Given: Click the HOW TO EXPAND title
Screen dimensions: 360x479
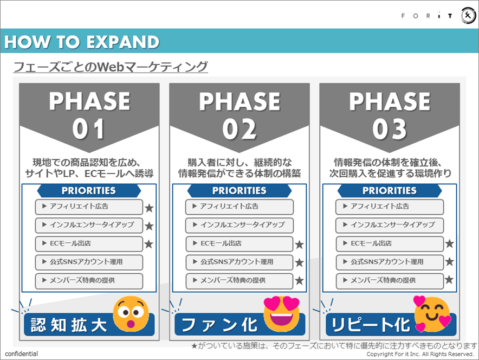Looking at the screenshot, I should (82, 42).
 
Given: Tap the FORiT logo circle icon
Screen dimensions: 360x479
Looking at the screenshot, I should (468, 16).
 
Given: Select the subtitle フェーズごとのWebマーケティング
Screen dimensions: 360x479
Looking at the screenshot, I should (110, 67).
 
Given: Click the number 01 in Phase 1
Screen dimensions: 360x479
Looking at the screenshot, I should (89, 129).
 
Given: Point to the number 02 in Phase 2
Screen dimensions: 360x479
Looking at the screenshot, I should (239, 129).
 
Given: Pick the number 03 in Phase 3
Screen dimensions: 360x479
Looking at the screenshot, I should (390, 129).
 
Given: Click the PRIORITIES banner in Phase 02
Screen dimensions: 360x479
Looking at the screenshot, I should (239, 191).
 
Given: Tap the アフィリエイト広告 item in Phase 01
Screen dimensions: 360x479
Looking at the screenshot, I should (89, 207).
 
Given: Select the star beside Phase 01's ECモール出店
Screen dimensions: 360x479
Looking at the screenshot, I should (149, 244).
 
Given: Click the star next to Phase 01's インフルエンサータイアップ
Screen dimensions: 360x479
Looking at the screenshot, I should (149, 226).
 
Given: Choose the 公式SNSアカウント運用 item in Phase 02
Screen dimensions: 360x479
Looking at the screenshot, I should (239, 262).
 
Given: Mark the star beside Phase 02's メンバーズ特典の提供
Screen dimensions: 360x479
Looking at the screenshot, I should (299, 281).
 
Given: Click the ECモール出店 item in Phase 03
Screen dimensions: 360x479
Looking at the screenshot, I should (389, 244).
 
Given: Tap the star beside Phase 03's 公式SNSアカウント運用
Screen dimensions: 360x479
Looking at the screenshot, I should (449, 262).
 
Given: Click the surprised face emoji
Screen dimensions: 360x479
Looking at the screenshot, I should (131, 314).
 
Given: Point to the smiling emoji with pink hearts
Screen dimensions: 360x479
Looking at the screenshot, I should (432, 314).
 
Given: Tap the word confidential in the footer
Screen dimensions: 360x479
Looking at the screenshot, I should (21, 354).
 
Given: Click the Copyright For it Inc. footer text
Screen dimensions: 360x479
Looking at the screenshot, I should (420, 354).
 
